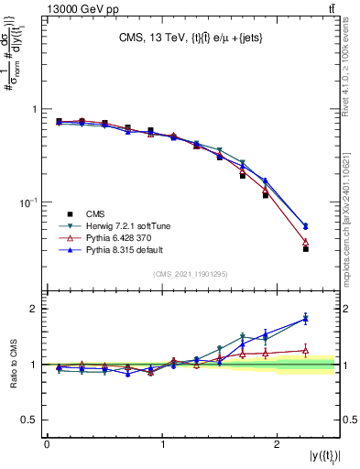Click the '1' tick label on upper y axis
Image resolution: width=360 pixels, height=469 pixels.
tap(36, 109)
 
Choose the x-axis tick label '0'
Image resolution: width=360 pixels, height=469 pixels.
tap(47, 444)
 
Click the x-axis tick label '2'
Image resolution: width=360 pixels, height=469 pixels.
tap(280, 444)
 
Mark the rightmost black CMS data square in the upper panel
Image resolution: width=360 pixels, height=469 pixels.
tap(306, 248)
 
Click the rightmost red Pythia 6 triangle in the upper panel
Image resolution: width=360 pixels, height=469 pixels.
tap(306, 242)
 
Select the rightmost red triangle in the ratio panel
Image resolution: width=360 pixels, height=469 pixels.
tap(306, 350)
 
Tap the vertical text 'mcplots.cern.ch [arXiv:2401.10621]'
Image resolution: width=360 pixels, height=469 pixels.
tap(346, 206)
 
